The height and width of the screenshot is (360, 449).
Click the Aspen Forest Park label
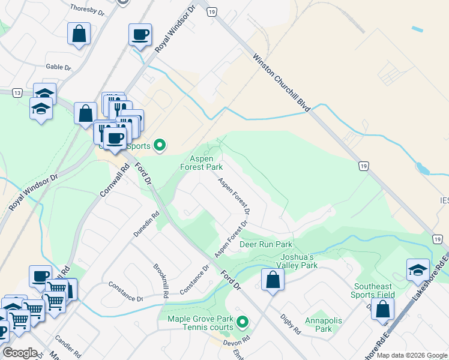[x=202, y=162]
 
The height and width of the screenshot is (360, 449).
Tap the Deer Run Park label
[x=266, y=244]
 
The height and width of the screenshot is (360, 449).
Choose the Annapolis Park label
[x=323, y=325]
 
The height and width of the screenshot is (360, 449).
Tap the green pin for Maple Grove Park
[x=243, y=323]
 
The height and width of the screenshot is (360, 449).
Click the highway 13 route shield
[x=17, y=92]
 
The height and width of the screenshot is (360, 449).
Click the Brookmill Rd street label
[x=160, y=280]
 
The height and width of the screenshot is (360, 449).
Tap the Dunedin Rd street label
[x=148, y=223]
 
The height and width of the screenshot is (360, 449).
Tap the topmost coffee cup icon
[x=140, y=35]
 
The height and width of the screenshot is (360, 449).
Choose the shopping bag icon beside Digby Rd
[x=273, y=280]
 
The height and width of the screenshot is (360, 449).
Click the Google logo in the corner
[x=20, y=353]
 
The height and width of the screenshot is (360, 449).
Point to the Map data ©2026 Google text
[x=411, y=355]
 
